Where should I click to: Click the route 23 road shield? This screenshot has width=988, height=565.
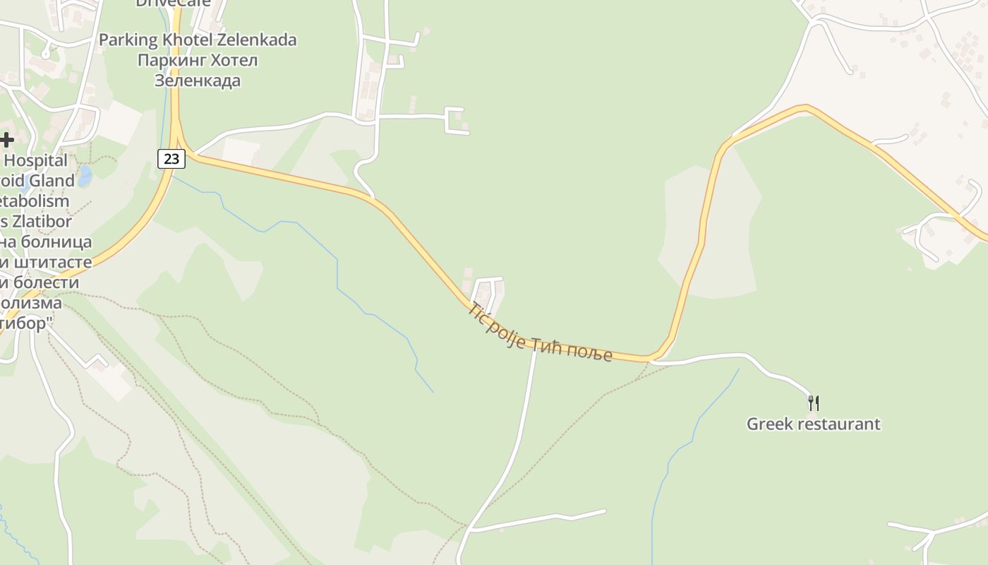(171, 159)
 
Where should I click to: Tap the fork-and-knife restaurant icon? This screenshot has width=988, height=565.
(814, 403)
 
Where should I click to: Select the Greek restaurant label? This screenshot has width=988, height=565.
(813, 424)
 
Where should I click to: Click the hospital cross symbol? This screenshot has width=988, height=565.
(7, 140)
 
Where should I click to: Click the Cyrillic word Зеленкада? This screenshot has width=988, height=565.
(198, 81)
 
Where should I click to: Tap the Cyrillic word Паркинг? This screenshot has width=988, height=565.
(169, 60)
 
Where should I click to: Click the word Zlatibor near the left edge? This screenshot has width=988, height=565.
(39, 221)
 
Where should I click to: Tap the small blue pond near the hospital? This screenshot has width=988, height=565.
(85, 176)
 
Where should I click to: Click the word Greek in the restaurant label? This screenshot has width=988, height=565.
(769, 424)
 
